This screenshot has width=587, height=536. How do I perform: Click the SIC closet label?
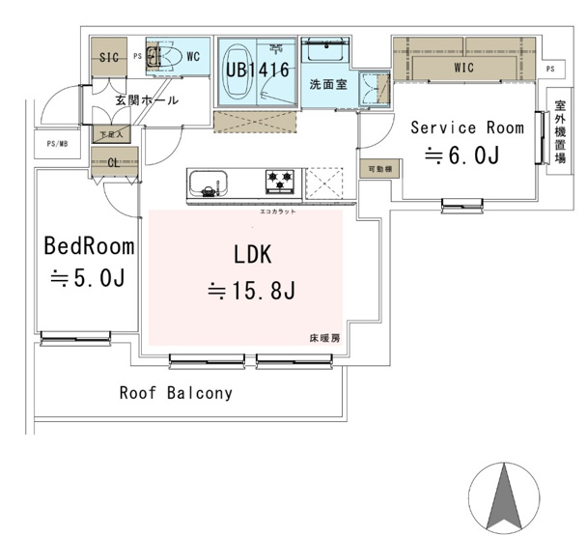(108, 58)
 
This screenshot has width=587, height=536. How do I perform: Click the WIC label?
(464, 68)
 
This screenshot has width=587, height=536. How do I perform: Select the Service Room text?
(467, 127)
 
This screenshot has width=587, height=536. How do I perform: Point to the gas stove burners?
(281, 179)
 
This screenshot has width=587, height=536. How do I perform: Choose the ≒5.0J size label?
(89, 277)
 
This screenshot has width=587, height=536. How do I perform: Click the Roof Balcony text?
(177, 393)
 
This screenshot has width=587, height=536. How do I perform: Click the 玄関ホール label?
(145, 99)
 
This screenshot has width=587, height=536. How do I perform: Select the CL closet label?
(113, 162)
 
